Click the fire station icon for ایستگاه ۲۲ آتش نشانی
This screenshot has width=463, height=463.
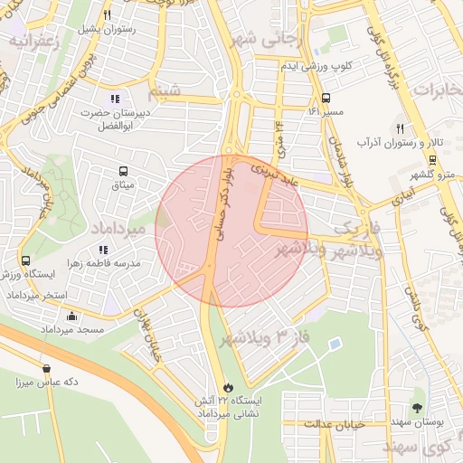point(227,384)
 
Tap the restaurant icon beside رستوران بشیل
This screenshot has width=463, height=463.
point(108,14)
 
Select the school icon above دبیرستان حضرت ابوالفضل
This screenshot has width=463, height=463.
point(114,99)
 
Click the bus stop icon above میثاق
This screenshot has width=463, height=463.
point(122,170)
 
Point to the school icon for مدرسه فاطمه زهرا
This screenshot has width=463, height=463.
point(102,249)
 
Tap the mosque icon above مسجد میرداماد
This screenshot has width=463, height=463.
point(72,316)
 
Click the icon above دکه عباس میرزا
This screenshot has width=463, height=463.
point(46,368)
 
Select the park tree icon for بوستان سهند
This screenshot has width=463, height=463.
point(416,408)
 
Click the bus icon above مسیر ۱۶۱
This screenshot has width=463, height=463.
point(326,98)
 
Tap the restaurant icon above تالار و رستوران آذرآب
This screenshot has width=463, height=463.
point(400,128)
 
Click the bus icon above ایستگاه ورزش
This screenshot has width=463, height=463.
point(26,260)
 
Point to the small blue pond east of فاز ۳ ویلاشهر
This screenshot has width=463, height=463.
point(335,345)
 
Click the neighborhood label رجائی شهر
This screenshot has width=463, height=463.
point(267,40)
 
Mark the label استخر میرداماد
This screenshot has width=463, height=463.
point(33,297)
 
